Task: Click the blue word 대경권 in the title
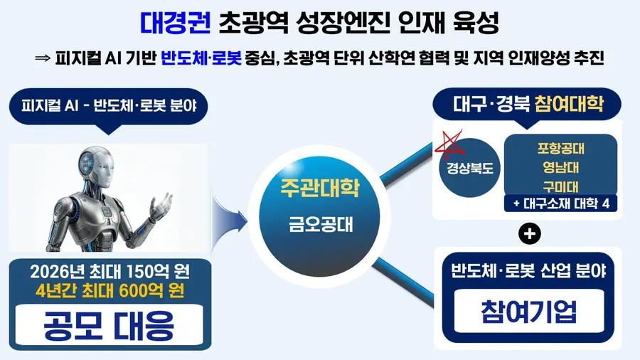click(176, 23)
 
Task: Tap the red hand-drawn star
click(449, 144)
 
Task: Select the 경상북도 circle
click(470, 168)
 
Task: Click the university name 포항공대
click(561, 149)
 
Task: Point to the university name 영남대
click(561, 167)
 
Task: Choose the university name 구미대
click(561, 186)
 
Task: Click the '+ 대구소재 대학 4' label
click(561, 203)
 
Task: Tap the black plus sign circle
click(529, 234)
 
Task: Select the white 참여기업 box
click(529, 312)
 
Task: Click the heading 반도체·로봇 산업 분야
click(528, 271)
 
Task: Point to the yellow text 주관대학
click(319, 188)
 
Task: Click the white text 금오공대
click(321, 225)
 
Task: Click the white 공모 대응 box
click(110, 325)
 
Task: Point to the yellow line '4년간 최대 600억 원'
click(110, 291)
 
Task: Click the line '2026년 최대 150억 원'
click(110, 272)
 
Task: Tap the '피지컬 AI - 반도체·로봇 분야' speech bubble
click(109, 107)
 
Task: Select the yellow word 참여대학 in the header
click(569, 104)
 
